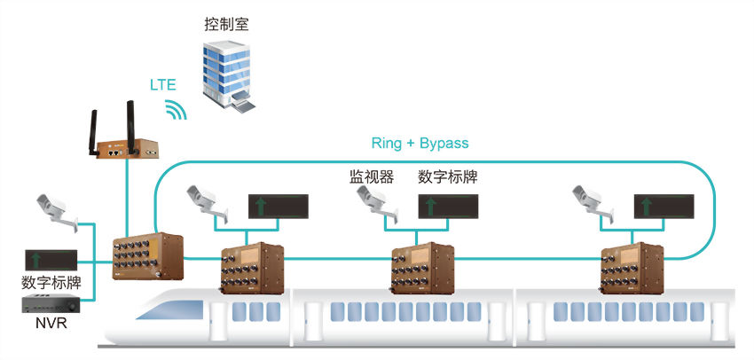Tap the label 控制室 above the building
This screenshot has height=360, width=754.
click(x=226, y=24)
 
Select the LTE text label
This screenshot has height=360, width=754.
click(x=162, y=86)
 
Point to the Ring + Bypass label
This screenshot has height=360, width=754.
click(x=420, y=143)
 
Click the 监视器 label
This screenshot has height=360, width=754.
click(x=371, y=176)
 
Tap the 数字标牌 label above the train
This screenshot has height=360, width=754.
click(x=447, y=176)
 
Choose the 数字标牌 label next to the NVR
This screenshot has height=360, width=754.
click(x=51, y=283)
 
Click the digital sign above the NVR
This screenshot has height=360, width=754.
click(x=51, y=260)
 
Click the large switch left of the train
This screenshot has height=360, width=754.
click(x=147, y=257)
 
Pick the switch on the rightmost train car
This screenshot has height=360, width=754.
click(x=630, y=266)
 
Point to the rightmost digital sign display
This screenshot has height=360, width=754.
click(x=664, y=207)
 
